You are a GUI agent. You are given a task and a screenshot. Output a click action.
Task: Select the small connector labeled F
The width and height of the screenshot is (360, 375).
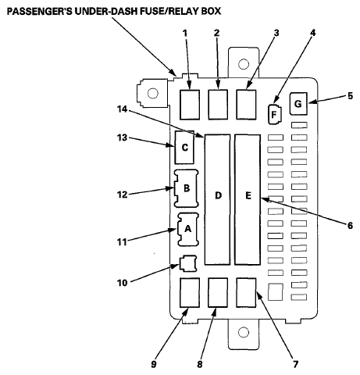click(x=273, y=114)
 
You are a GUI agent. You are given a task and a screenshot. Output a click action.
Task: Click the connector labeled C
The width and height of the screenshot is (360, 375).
click(x=185, y=147)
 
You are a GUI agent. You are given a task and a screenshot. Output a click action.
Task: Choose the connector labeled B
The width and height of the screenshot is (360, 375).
click(x=187, y=188)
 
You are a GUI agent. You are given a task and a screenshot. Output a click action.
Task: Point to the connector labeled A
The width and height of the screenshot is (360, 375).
click(x=187, y=229)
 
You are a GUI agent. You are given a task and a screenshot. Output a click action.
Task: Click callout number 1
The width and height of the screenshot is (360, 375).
click(x=185, y=34)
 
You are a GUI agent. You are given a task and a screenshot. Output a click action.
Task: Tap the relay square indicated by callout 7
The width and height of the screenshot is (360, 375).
click(x=246, y=291)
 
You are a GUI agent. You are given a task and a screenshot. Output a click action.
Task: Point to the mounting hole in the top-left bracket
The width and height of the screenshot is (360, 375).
click(x=152, y=94)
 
